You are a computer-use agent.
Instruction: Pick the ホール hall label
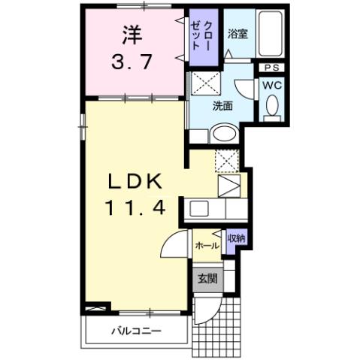click(x=206, y=246)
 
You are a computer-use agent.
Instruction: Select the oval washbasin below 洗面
click(x=224, y=135)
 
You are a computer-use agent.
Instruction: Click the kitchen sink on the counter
click(x=201, y=208)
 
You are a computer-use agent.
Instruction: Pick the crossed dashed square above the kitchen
click(x=226, y=160)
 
